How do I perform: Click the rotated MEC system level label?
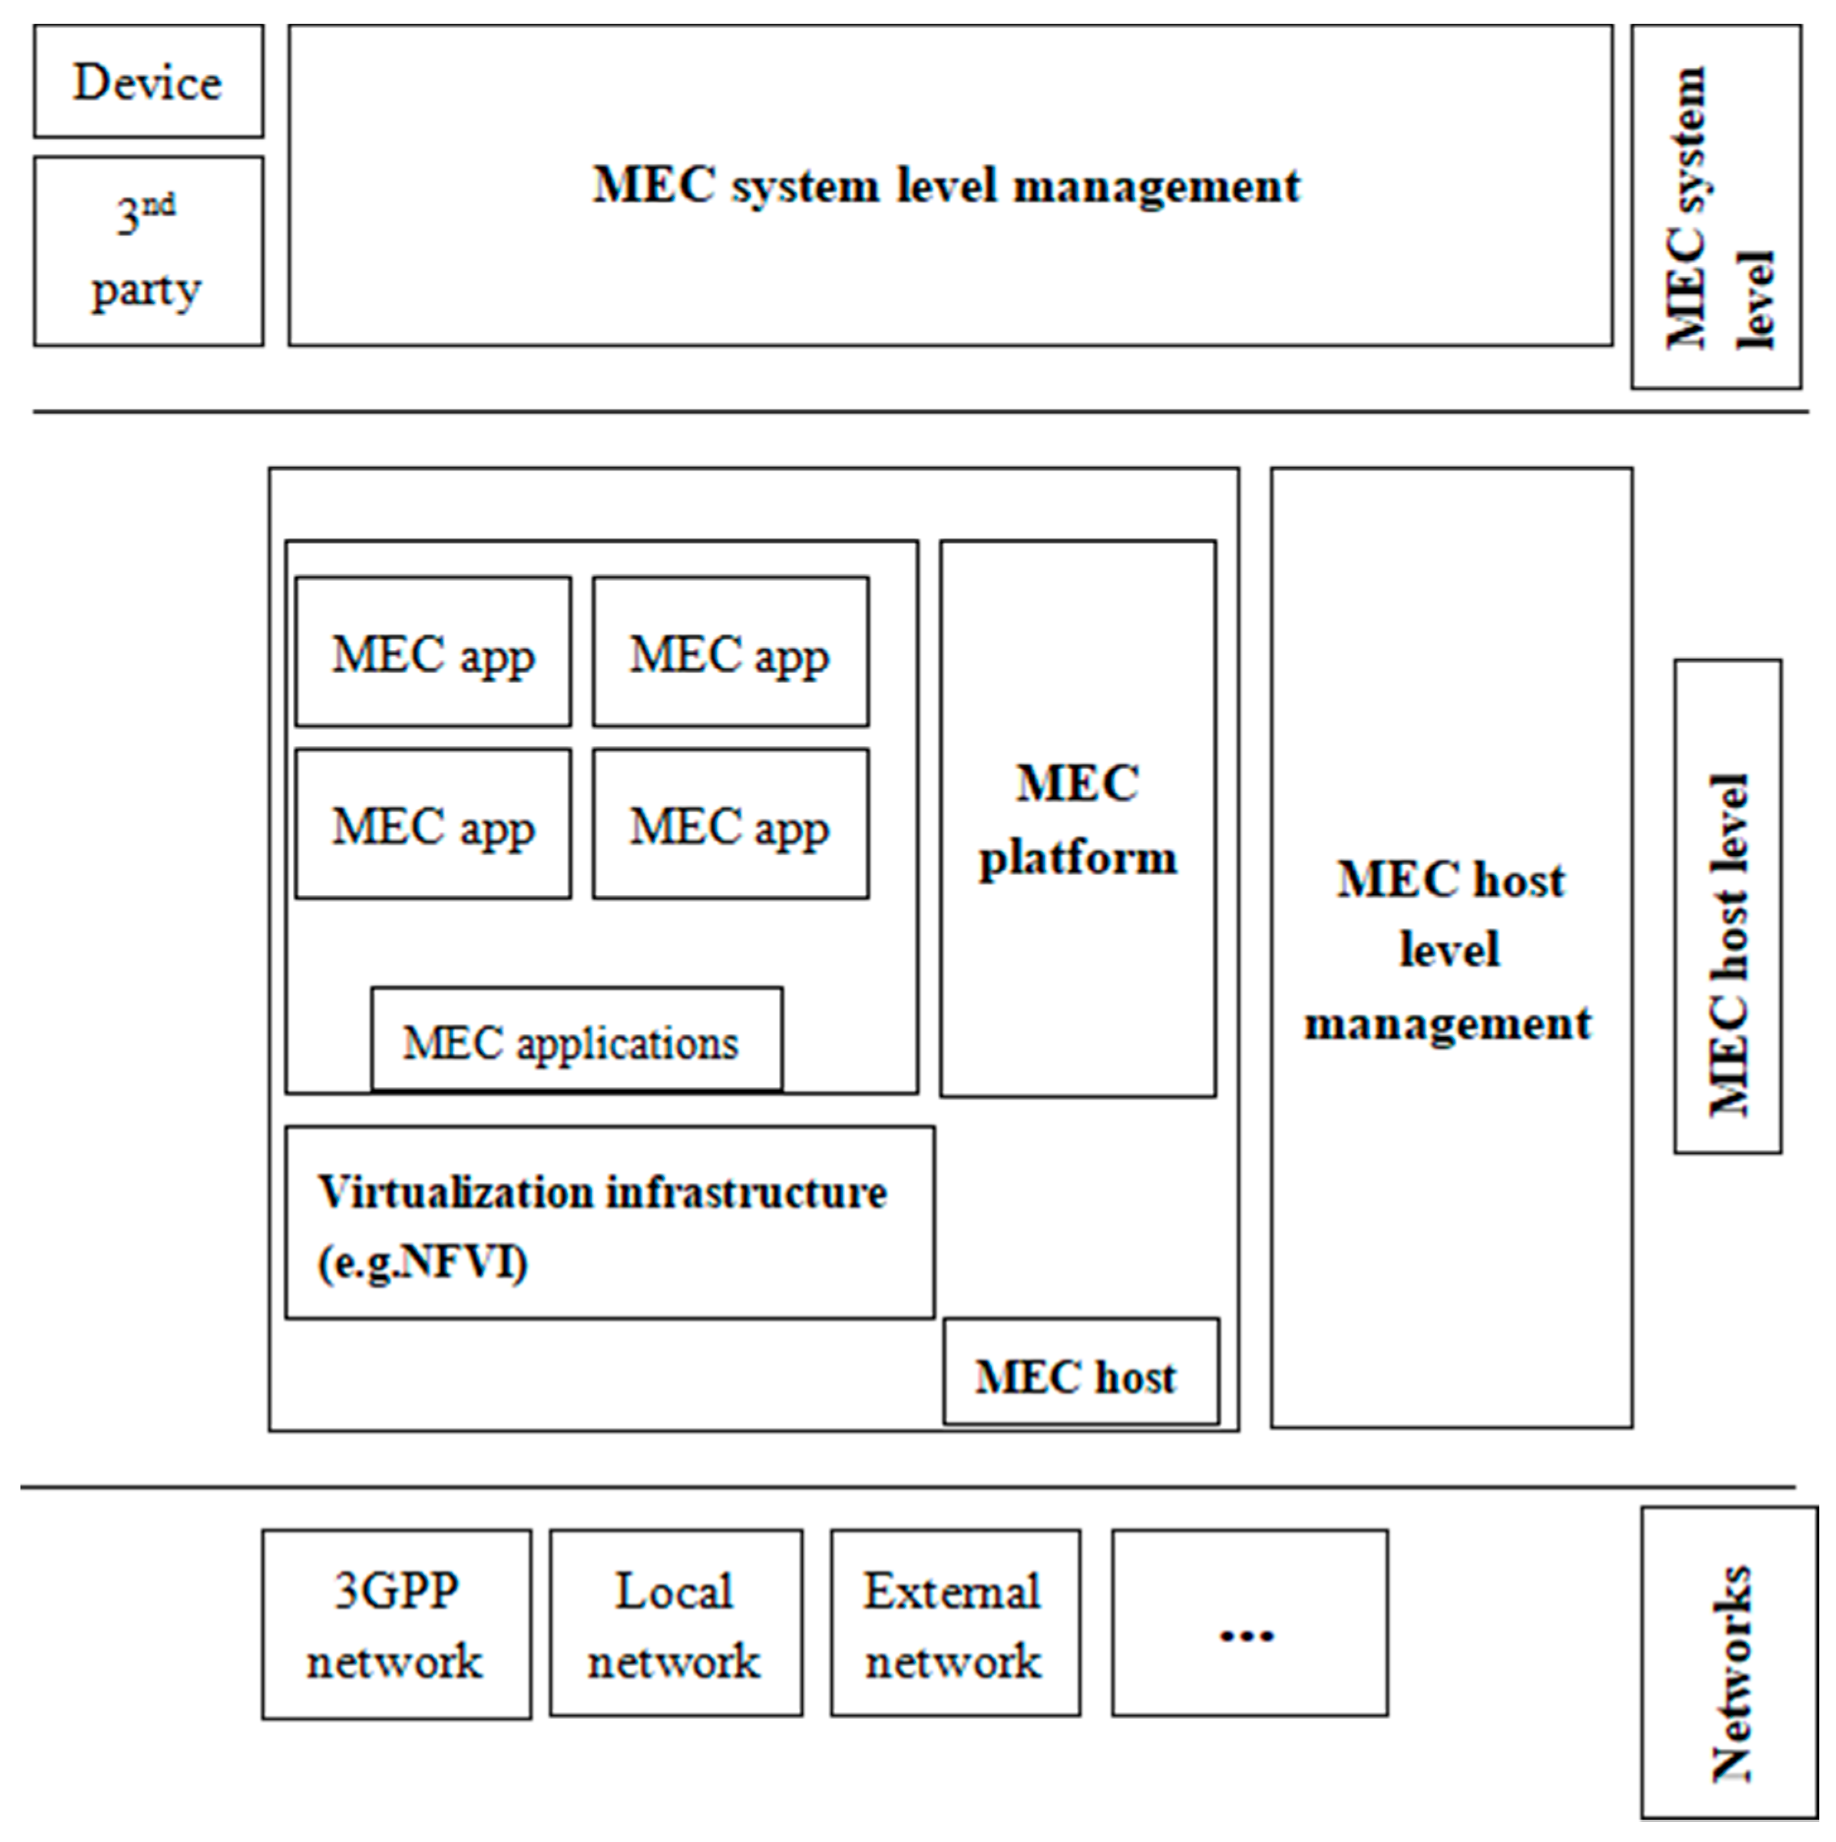pyautogui.click(x=1716, y=207)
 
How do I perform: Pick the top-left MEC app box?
pyautogui.click(x=433, y=652)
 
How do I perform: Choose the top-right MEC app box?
pyautogui.click(x=730, y=652)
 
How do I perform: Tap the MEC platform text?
pyautogui.click(x=1077, y=820)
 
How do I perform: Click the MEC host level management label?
pyautogui.click(x=1449, y=951)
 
